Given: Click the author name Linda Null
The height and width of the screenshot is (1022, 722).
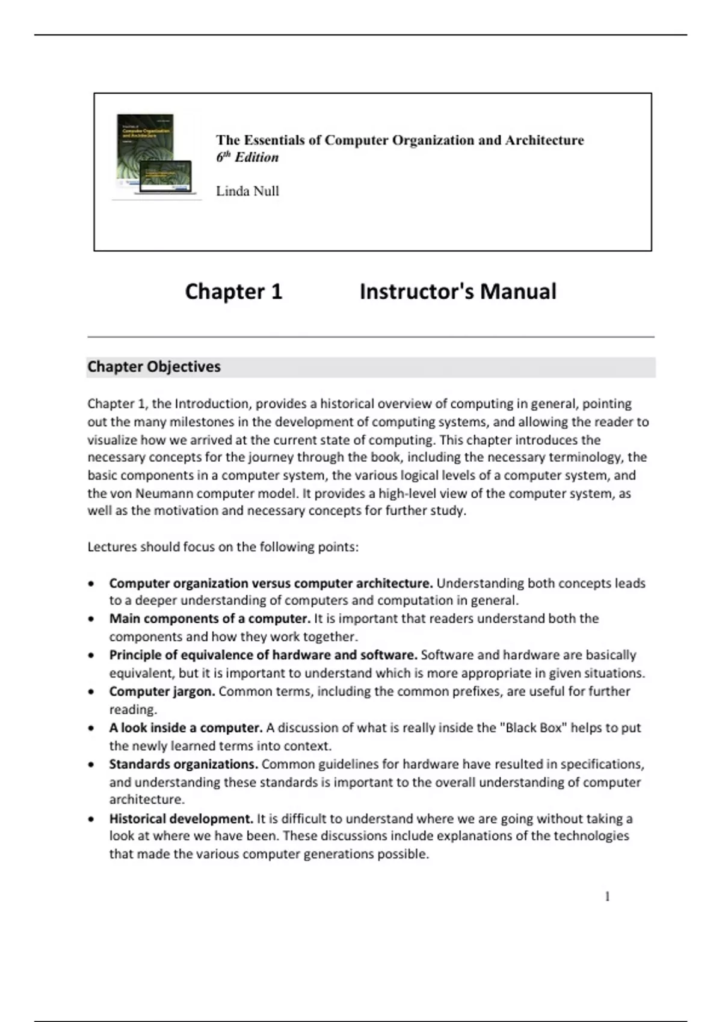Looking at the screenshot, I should point(247,191).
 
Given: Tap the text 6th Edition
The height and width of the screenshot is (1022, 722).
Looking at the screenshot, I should point(247,158).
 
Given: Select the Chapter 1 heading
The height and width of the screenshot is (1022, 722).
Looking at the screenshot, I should point(233,292).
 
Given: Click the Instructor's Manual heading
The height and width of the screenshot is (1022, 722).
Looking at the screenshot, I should point(457,292).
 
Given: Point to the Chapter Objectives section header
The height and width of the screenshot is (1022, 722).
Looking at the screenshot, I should point(154,367).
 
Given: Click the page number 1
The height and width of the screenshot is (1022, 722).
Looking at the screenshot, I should point(607,896).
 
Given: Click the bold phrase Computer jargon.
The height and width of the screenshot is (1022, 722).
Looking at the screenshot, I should point(162,691).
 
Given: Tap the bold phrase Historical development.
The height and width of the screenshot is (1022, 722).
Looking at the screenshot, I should point(181,818).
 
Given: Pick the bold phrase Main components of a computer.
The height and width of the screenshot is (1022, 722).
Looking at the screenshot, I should point(209,619).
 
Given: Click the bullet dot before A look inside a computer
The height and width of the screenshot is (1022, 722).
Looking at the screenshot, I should point(91,728).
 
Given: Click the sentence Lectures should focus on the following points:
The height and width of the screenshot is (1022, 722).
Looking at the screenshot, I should point(223,547).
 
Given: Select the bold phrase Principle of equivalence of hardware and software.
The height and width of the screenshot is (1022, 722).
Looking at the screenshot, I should point(263,655).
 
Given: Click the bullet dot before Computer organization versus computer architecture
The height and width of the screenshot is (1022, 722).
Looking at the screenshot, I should point(91,584).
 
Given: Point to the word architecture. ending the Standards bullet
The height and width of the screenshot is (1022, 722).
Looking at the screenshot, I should point(147,800).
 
